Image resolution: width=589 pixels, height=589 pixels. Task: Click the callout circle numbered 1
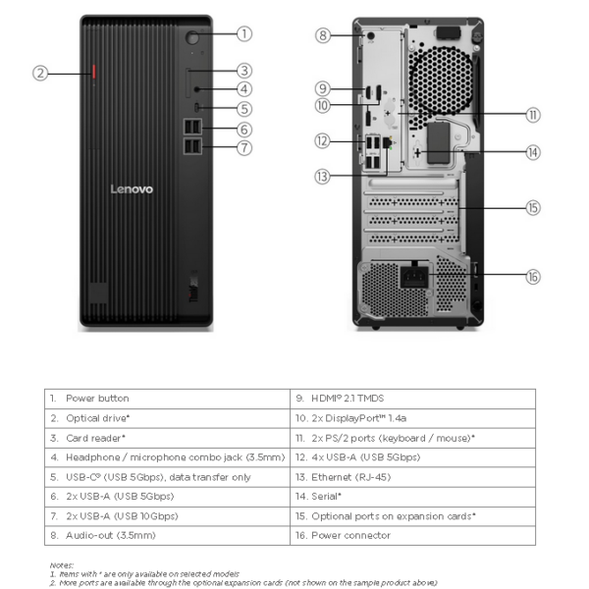pos(243,33)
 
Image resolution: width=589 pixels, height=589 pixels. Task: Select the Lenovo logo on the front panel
pos(132,188)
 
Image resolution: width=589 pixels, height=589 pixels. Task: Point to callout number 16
pos(532,277)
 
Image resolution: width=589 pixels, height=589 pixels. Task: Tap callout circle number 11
pos(532,115)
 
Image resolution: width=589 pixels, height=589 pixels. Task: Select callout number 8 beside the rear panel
pos(324,35)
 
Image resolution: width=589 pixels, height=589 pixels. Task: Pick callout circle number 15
pos(532,207)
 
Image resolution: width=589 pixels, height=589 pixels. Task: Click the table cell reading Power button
pos(97,399)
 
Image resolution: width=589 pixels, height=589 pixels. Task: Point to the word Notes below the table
pos(62,564)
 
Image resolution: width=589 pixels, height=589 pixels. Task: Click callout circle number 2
pos(40,72)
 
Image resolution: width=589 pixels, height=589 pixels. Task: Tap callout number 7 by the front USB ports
pos(243,148)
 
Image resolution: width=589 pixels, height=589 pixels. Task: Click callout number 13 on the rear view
pos(324,176)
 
